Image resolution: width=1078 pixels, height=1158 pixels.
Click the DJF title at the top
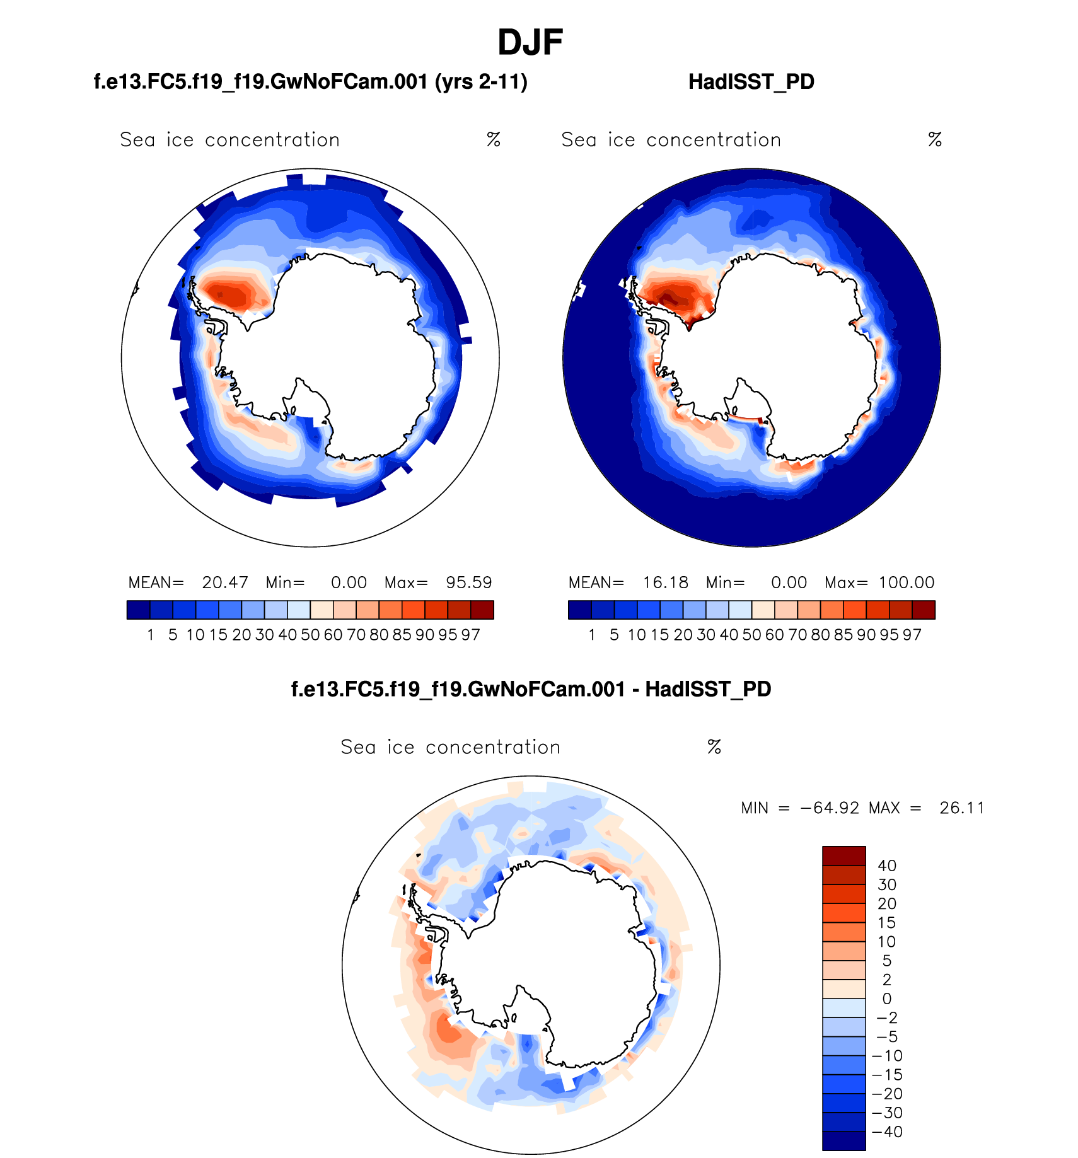tap(530, 43)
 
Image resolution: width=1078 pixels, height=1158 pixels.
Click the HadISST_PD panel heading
tap(751, 82)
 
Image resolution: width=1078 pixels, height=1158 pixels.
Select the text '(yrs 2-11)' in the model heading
tap(481, 82)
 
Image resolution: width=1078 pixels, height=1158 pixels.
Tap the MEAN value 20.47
tap(224, 582)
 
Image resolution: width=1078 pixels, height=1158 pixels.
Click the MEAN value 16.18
tap(665, 582)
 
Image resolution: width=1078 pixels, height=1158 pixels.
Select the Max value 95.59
tap(468, 582)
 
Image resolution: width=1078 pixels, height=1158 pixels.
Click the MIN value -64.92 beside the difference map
tap(829, 808)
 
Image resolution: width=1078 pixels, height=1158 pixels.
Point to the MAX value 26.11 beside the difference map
tap(961, 808)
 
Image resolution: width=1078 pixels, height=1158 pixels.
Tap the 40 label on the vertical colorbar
tap(886, 866)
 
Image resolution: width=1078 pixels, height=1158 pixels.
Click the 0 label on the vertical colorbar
tap(886, 999)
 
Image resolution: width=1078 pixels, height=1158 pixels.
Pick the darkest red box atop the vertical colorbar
tap(843, 856)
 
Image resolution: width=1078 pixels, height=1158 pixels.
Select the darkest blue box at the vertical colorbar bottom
tap(843, 1141)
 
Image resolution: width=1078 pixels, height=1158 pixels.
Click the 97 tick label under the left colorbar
tap(470, 635)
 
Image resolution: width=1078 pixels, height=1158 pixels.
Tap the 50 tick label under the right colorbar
tap(751, 635)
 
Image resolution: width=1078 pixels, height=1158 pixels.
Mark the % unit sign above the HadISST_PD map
tap(934, 140)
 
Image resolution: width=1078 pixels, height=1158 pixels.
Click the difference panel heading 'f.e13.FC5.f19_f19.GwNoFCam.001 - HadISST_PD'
tap(531, 689)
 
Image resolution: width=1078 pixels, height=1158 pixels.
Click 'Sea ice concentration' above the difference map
tap(450, 747)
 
